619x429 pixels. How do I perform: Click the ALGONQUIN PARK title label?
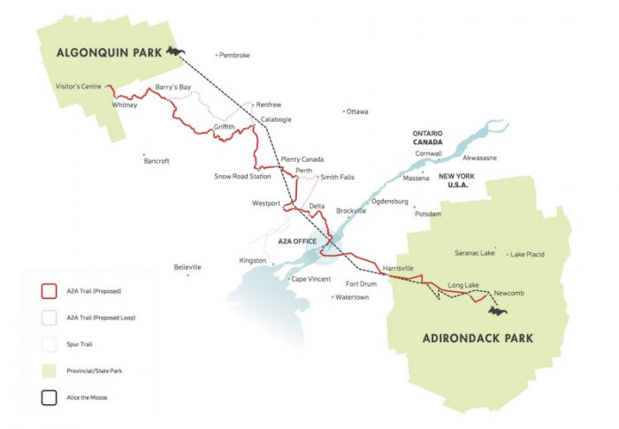[x=109, y=52]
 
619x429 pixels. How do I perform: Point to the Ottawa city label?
[x=358, y=111]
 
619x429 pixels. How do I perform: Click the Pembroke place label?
[x=235, y=55]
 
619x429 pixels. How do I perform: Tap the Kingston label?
[x=252, y=261]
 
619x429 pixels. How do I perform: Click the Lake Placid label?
[x=527, y=255]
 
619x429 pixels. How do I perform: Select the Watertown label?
[x=354, y=297]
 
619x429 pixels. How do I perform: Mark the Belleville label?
[x=187, y=267]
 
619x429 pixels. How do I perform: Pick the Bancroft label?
[x=156, y=161]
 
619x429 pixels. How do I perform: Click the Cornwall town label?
[x=429, y=153]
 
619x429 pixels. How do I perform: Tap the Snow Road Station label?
[x=242, y=176]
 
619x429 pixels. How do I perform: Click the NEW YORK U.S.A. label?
[x=458, y=181]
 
